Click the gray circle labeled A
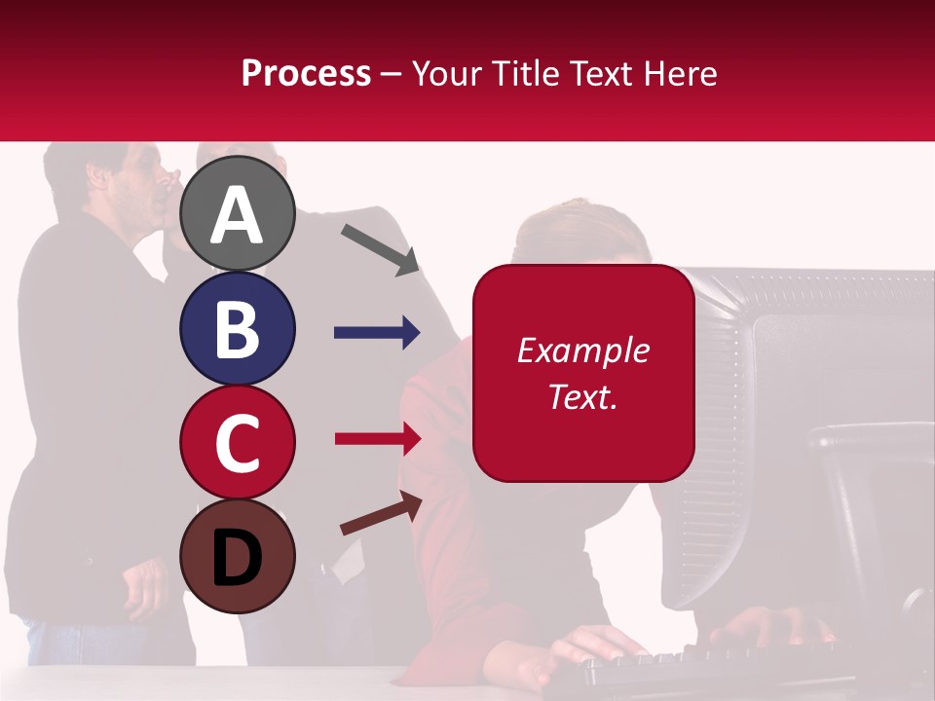point(238,214)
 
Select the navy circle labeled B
point(238,328)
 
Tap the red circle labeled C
point(238,442)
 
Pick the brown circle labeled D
point(238,556)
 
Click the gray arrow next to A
point(380,249)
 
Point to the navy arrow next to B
point(376,333)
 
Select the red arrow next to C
point(377,438)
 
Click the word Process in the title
point(306,73)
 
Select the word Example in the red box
point(582,350)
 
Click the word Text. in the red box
point(582,396)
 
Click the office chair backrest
point(867,487)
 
